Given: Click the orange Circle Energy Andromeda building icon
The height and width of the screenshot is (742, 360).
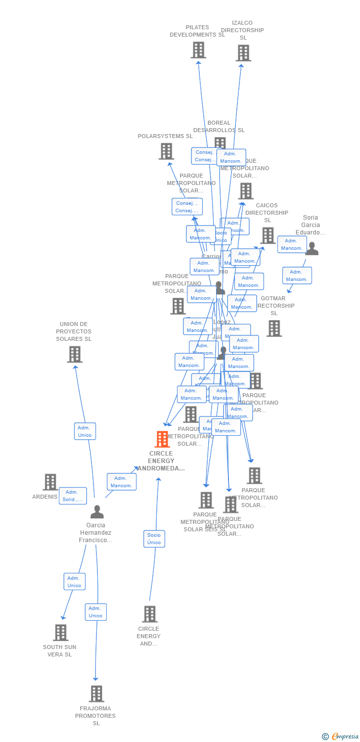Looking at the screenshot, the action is tap(162, 439).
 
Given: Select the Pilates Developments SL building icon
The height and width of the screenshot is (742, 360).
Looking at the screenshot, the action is tap(198, 50).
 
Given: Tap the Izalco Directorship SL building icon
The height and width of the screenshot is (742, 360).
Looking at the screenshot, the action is tap(243, 53).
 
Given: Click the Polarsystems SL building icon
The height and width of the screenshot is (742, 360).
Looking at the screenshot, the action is tap(167, 151).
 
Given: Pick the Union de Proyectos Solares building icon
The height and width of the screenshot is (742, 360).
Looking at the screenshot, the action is tap(75, 354).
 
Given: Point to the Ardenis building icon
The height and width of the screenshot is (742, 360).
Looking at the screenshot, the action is tap(50, 482).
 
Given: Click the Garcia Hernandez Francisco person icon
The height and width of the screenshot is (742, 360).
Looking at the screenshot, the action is tap(97, 512).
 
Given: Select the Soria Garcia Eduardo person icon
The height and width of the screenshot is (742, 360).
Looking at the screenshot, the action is tap(312, 248).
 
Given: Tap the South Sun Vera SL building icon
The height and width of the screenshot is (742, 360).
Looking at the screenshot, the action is tap(61, 632).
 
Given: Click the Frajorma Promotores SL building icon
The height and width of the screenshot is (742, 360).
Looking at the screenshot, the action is tap(96, 694).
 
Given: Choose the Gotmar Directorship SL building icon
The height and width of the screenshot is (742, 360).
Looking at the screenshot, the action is tap(274, 328).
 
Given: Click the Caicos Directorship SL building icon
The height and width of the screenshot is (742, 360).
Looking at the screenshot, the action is tap(268, 235).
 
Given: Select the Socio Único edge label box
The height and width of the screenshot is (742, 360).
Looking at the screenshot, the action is tap(154, 539).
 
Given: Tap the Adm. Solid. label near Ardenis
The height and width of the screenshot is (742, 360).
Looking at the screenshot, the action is tap(73, 496).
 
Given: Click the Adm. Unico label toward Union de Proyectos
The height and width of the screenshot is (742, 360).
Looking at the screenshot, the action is tap(85, 431).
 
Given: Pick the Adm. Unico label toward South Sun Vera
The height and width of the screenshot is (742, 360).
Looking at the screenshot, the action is tap(74, 582).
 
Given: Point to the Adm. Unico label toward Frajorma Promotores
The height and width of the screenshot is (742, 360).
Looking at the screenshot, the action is tap(95, 612).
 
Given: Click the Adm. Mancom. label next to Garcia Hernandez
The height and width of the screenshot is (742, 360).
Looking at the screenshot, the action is tap(121, 482).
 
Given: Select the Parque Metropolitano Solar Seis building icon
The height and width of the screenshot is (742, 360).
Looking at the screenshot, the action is tap(206, 500).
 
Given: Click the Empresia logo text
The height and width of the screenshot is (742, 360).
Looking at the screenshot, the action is tap(345, 736).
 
